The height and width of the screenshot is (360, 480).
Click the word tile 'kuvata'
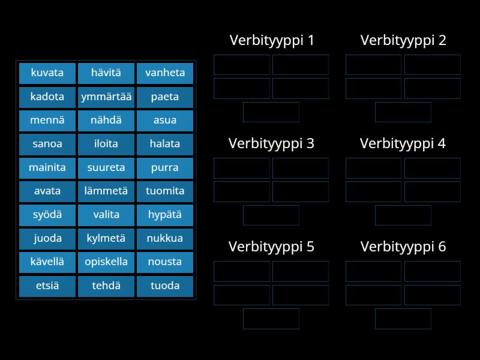coord(47,73)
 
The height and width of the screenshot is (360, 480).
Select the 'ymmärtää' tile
coord(106,97)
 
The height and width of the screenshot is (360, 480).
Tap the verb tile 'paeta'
coord(165,97)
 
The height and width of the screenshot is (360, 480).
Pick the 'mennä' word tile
coord(47,120)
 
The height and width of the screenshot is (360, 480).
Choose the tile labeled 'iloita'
coord(106,144)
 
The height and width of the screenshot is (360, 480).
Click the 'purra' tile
coord(165,167)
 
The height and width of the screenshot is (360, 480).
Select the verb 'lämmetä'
coord(106,191)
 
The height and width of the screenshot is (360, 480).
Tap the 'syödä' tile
coord(47,215)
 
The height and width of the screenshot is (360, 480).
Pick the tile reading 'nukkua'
coord(165,238)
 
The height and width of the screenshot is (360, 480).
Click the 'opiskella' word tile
coord(106,262)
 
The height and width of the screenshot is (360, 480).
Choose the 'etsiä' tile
coord(47,286)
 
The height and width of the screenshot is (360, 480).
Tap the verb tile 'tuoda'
coord(165,286)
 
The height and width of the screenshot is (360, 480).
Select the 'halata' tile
coord(165,144)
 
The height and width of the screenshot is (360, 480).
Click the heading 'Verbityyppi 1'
coord(271,40)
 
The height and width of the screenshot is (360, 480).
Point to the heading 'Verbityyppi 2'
coord(403,40)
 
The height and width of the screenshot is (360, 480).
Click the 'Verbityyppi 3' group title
coord(271,143)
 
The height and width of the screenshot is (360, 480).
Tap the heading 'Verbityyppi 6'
coord(403,247)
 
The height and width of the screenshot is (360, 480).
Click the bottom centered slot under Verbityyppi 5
coord(271,319)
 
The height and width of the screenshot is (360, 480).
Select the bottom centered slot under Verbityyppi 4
coord(403,215)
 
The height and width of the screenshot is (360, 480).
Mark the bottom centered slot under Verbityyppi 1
coord(271,112)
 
